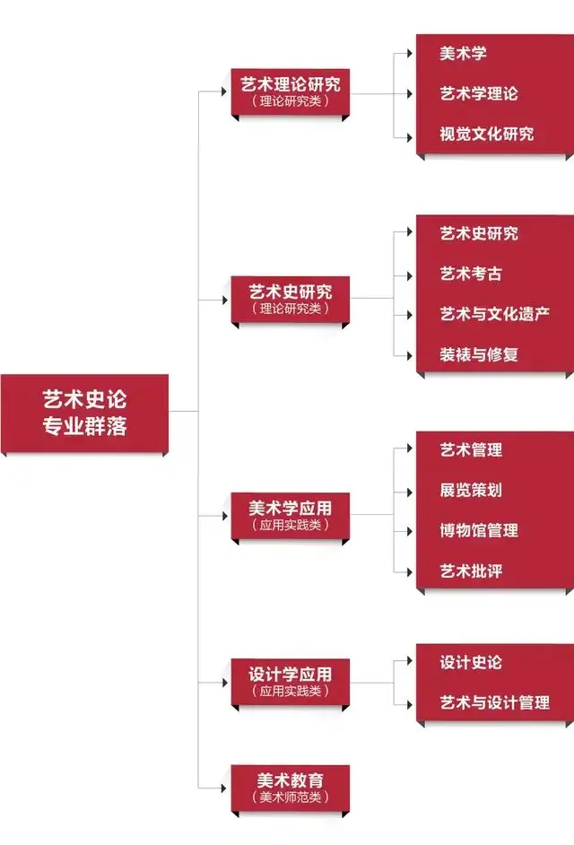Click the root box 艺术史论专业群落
click(x=84, y=414)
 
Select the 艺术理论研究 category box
click(x=291, y=91)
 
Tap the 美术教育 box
click(x=291, y=788)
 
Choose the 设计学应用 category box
click(x=291, y=682)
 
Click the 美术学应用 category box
click(x=291, y=516)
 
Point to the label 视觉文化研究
click(x=487, y=134)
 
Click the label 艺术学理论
click(x=479, y=93)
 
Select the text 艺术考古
click(x=471, y=274)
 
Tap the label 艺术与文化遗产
click(x=495, y=314)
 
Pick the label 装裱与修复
click(x=479, y=354)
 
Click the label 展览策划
click(x=471, y=490)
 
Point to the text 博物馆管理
click(x=479, y=530)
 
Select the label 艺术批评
click(x=471, y=571)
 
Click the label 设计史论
click(x=471, y=662)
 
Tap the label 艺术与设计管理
click(x=495, y=702)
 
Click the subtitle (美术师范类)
click(x=291, y=797)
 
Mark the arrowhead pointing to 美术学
click(x=410, y=53)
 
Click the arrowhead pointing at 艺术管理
click(x=410, y=449)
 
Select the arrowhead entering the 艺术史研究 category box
click(x=225, y=300)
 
